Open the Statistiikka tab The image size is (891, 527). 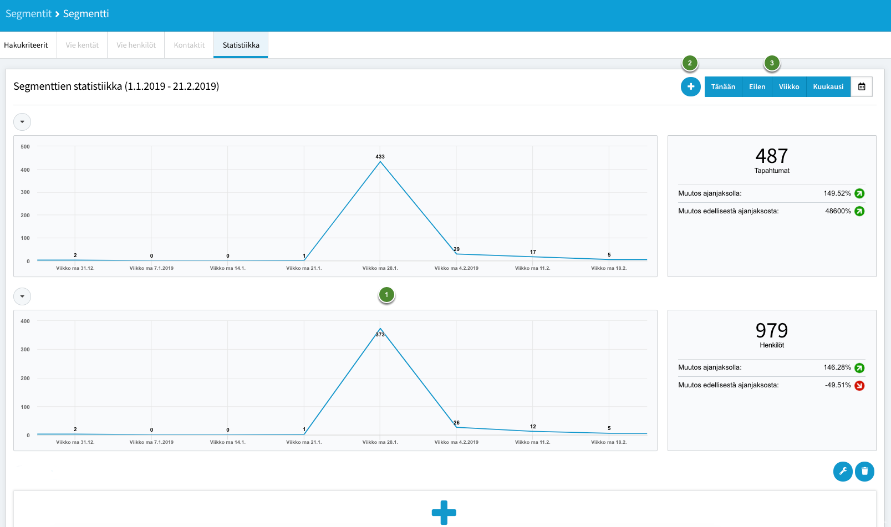[241, 45]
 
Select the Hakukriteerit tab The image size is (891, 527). [26, 45]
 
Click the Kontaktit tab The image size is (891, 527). [189, 45]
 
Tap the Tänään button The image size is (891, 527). [723, 86]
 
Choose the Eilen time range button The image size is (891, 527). [757, 86]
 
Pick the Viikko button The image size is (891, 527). [789, 86]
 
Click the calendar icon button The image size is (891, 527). [862, 86]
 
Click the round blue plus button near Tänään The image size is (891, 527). [690, 86]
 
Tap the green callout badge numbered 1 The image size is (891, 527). [386, 295]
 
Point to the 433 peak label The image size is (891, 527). [380, 157]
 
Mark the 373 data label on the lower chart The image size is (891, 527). [380, 335]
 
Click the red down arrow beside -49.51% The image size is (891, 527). [859, 385]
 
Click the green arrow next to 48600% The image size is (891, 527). [859, 211]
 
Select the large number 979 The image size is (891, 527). [772, 330]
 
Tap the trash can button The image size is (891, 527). [864, 472]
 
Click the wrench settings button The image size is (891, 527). [843, 472]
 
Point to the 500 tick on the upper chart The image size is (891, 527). [25, 147]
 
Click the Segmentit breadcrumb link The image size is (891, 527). [28, 13]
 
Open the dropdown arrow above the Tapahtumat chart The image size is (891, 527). [22, 121]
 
